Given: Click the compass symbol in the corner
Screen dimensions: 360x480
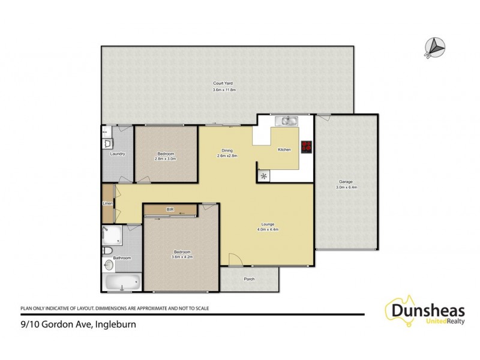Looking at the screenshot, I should [x=436, y=45].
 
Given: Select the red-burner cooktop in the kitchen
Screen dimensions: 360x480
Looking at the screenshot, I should [x=307, y=146].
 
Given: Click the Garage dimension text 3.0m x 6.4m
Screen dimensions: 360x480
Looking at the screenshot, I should [x=347, y=187].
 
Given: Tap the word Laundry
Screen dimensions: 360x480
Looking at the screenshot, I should [x=118, y=154].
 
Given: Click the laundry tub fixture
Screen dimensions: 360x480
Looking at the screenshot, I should [x=107, y=143].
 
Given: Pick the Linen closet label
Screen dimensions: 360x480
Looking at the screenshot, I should [x=107, y=203].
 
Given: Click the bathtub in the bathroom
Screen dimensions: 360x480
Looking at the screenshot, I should [x=122, y=281].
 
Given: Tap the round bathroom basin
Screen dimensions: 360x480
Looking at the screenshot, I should [x=109, y=265].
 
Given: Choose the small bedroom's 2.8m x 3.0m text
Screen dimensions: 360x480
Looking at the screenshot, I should [x=166, y=159].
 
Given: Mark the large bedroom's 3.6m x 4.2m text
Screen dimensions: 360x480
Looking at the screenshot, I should [x=182, y=256].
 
